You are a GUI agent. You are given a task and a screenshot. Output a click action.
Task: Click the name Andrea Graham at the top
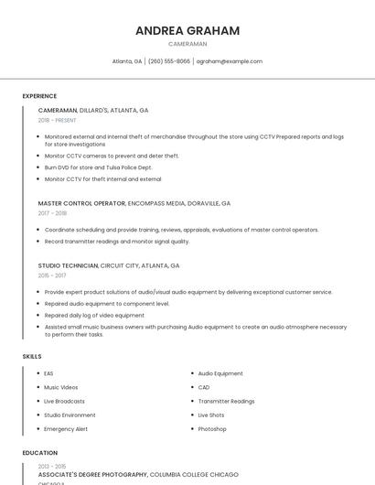[187, 30]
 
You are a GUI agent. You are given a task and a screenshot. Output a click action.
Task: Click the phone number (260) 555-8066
[169, 61]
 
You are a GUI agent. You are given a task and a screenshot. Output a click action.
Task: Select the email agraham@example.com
[229, 61]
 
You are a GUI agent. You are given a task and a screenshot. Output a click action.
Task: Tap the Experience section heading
[39, 96]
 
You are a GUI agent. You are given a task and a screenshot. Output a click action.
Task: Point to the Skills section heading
[32, 356]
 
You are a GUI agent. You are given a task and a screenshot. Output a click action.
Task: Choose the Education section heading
[39, 452]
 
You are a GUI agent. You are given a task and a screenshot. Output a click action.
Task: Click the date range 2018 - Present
[58, 120]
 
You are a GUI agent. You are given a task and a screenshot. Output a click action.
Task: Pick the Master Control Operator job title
[81, 203]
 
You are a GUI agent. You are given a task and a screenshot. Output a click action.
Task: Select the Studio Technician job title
[68, 265]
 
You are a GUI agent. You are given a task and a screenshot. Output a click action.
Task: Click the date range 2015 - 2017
[52, 275]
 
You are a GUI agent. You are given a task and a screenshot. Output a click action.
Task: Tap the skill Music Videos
[61, 387]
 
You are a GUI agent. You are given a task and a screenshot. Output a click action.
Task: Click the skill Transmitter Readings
[226, 401]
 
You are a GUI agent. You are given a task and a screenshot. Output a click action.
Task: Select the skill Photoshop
[212, 428]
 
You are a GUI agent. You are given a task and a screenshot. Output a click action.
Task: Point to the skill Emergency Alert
[66, 428]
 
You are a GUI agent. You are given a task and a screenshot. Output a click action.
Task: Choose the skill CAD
[204, 387]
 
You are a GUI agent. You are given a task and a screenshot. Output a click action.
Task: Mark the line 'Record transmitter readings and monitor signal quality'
[117, 242]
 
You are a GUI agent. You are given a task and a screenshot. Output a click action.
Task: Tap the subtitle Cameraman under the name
[187, 43]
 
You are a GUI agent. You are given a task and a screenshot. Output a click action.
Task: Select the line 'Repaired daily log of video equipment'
[94, 315]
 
